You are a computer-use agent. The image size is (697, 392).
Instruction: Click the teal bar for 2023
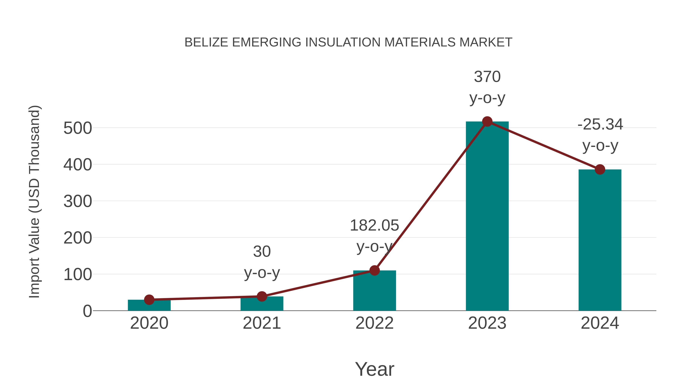[x=487, y=216]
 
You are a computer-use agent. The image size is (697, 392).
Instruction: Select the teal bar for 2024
[x=600, y=241]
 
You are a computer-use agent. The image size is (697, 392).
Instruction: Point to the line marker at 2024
[x=600, y=170]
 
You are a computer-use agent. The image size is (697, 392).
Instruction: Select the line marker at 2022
[x=374, y=270]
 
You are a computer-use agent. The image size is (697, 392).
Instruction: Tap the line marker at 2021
[x=262, y=296]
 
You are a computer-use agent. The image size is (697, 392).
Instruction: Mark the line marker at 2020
[x=149, y=299]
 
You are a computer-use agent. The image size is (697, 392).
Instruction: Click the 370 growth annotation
[x=487, y=77]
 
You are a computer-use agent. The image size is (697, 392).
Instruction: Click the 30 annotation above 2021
[x=262, y=252]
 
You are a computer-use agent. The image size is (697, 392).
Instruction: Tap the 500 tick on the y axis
[x=78, y=128]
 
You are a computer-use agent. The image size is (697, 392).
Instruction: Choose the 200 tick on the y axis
[x=78, y=238]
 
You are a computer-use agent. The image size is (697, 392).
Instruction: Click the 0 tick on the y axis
[x=87, y=311]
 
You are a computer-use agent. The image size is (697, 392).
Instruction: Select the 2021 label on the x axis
[x=262, y=323]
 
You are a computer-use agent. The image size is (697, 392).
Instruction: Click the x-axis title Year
[x=374, y=369]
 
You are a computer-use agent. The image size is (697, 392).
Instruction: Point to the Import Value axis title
[x=35, y=202]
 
